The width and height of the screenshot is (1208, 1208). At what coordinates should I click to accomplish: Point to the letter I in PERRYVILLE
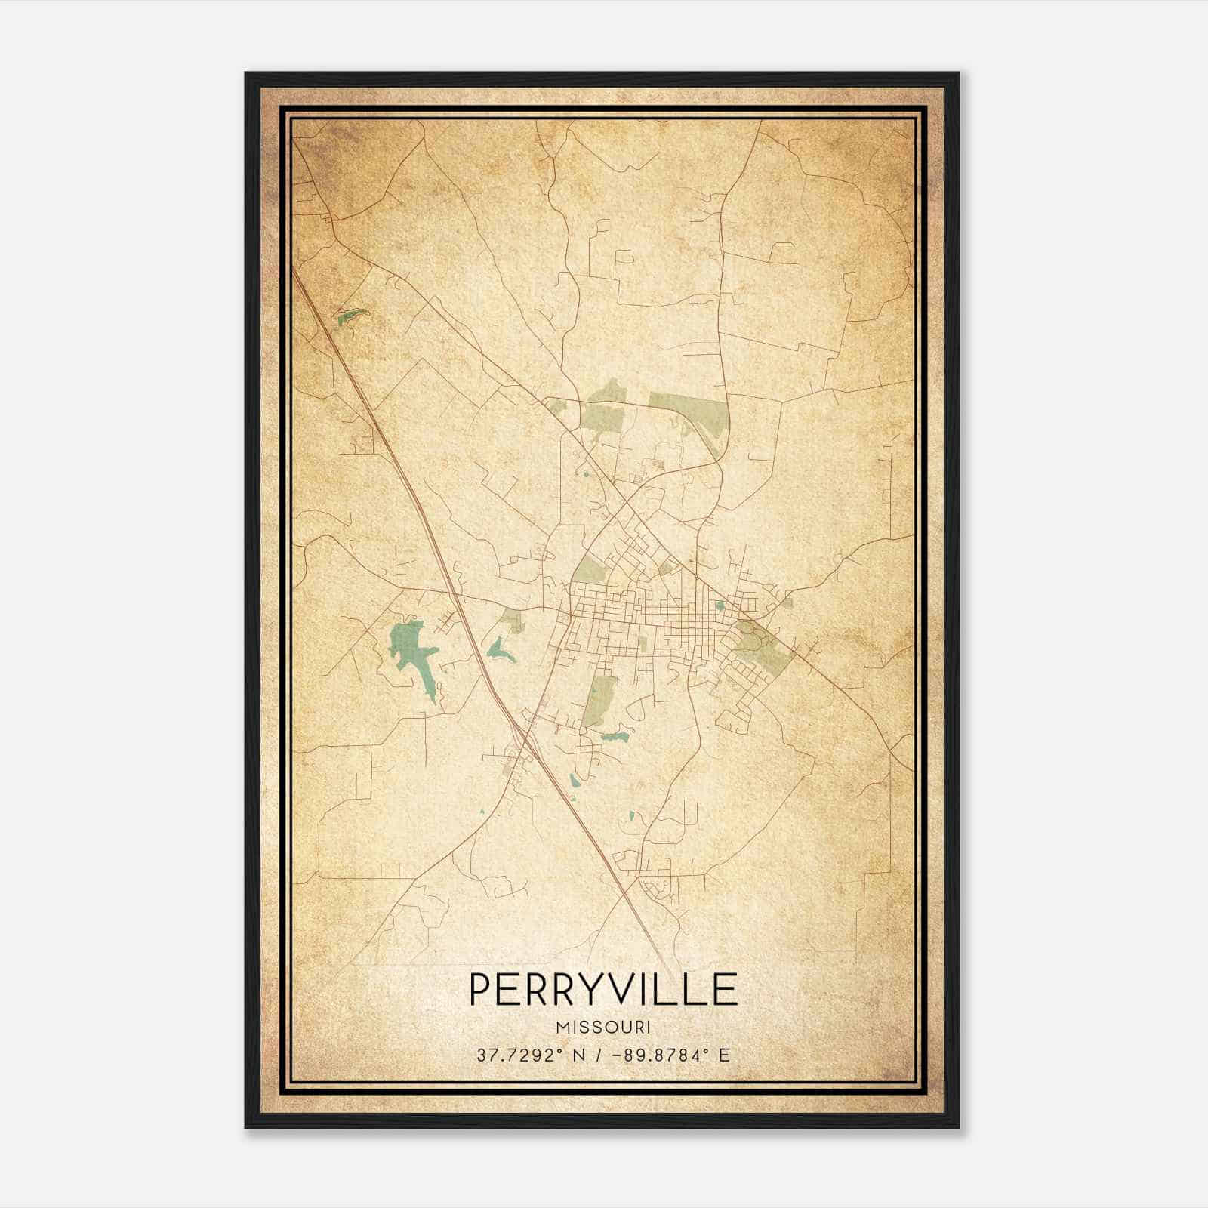650,990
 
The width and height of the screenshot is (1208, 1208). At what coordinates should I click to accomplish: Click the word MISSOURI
603,1028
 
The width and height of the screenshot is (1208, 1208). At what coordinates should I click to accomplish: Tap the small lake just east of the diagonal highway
501,649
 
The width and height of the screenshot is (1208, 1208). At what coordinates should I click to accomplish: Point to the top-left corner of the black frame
246,73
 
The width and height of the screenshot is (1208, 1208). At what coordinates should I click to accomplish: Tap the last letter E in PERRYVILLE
726,990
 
